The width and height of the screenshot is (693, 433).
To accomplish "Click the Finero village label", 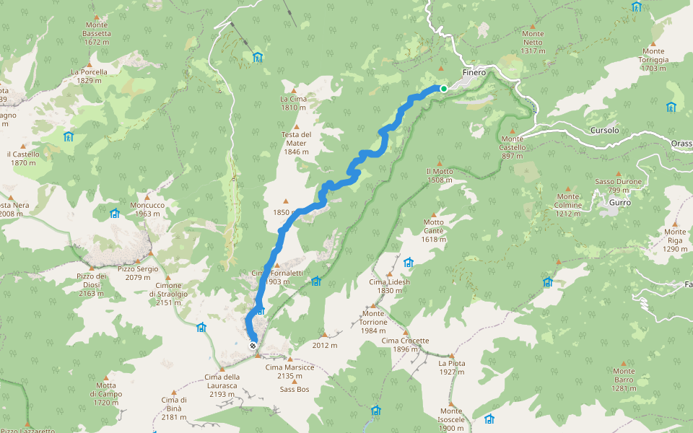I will pos(474,73).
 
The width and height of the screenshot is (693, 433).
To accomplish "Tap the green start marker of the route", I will pos(444,89).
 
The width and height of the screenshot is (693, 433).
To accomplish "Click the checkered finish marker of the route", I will pos(253,346).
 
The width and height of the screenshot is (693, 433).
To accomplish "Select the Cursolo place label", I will pos(604,131).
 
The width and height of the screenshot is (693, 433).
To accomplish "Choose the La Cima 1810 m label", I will pos(294,103).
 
